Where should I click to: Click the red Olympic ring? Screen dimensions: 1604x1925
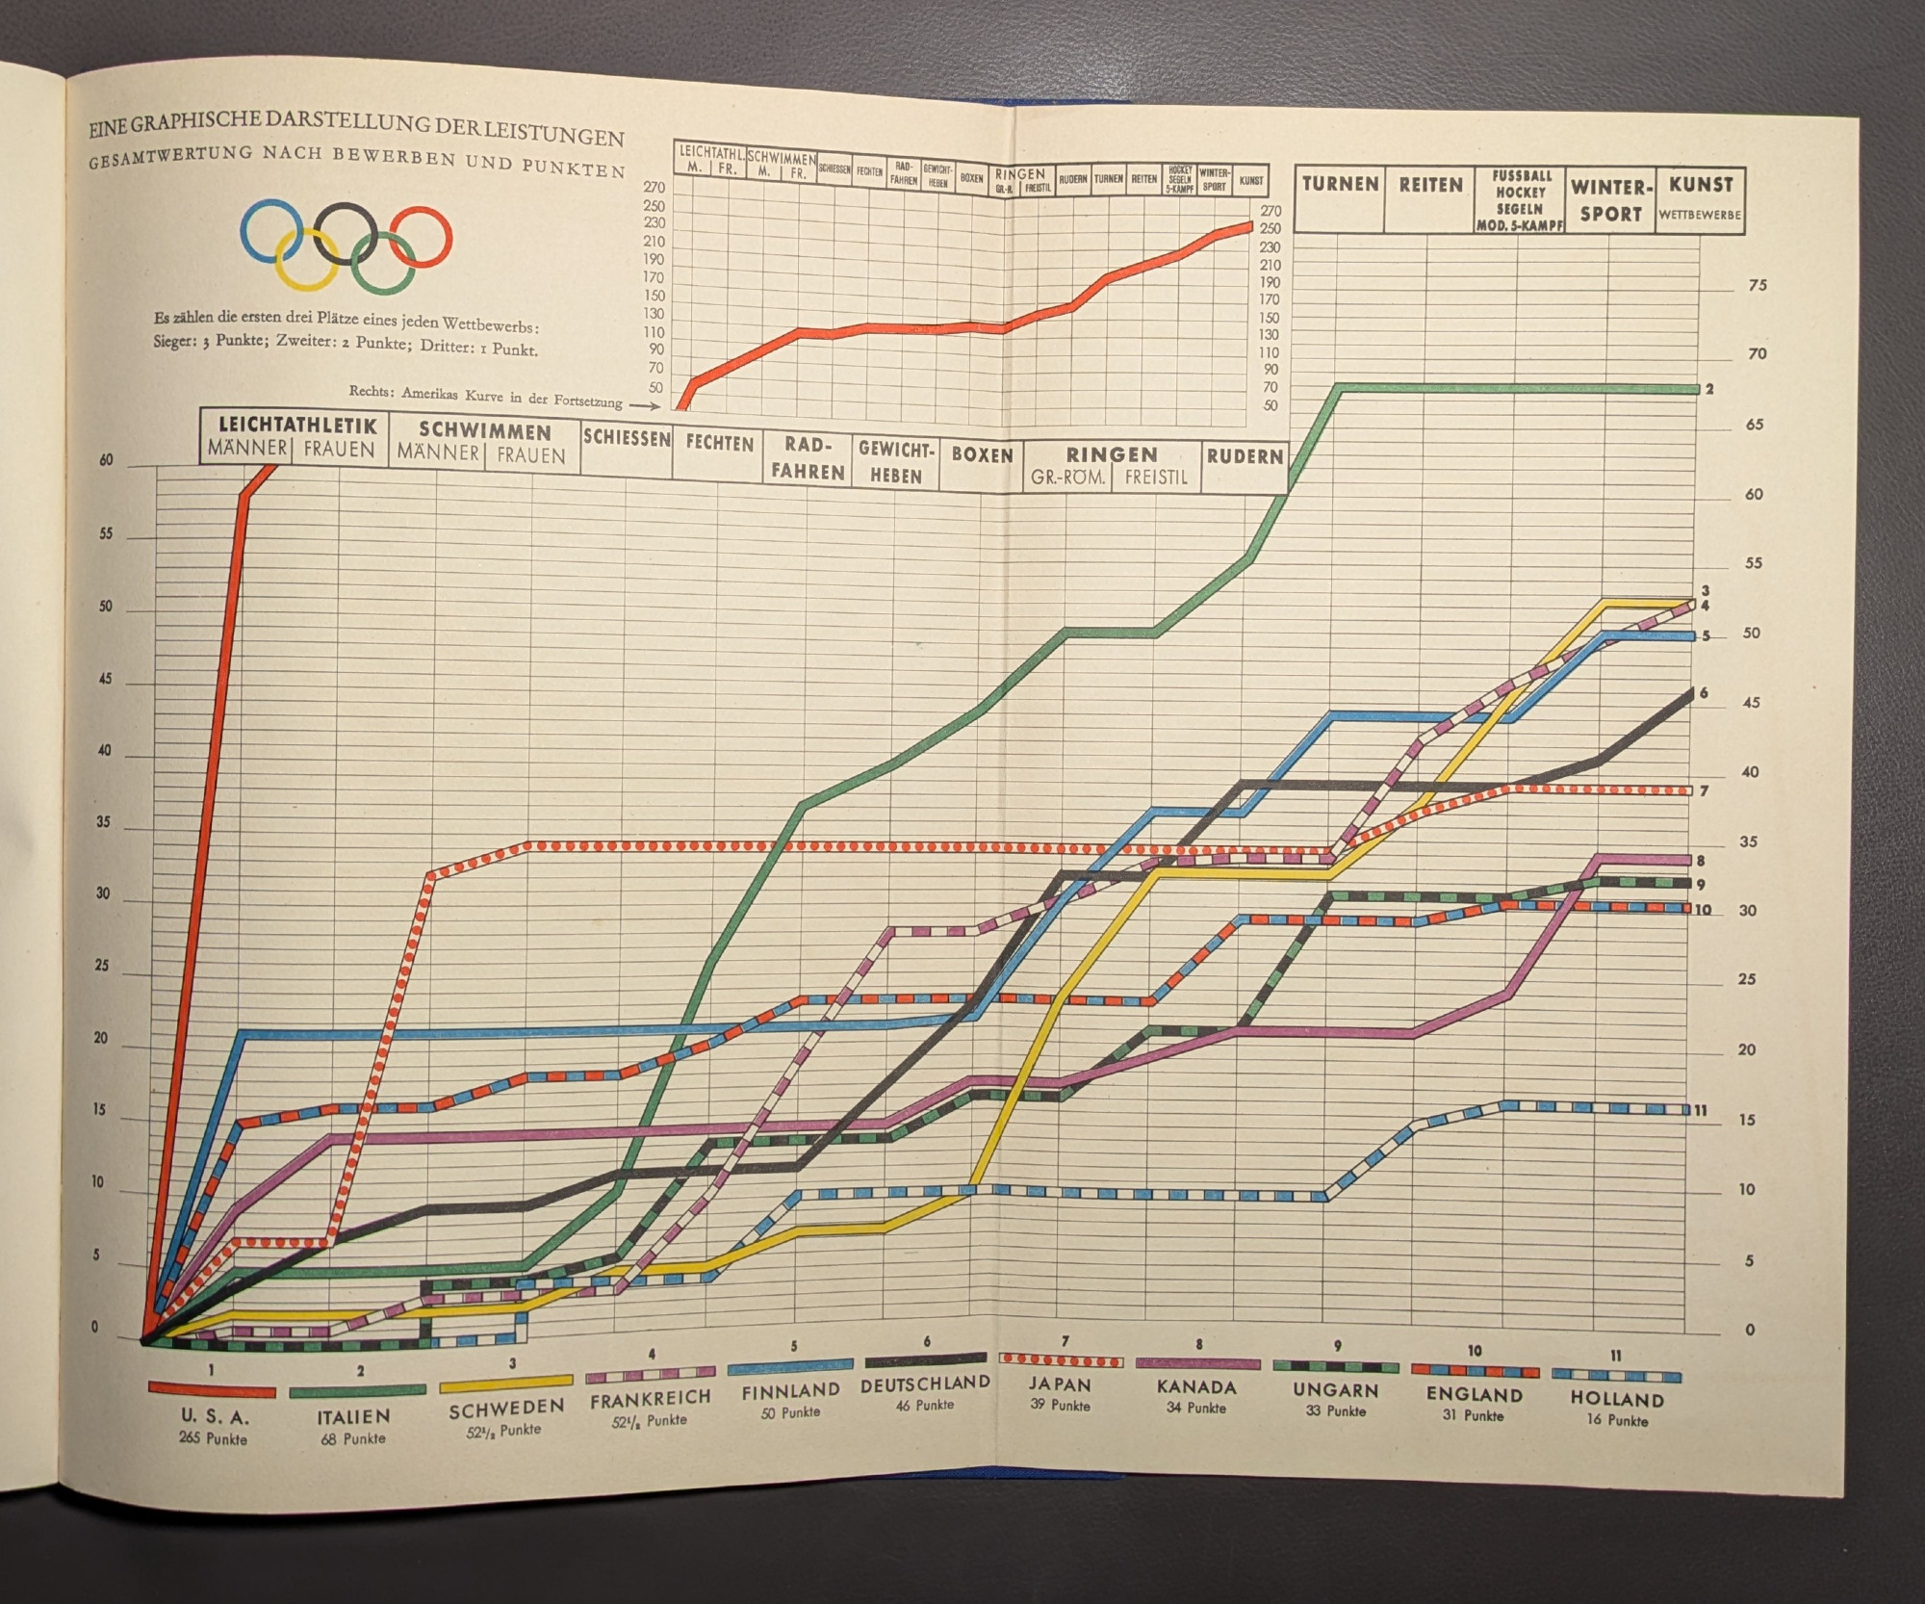point(421,236)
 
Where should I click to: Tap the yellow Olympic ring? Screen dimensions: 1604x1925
point(306,258)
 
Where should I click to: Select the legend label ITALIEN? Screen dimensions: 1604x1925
point(354,1416)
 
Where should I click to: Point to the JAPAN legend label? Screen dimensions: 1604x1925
point(1058,1384)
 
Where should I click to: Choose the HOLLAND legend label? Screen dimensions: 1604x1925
point(1617,1399)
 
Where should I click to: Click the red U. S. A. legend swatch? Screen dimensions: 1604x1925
point(212,1390)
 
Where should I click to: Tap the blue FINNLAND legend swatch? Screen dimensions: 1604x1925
point(790,1366)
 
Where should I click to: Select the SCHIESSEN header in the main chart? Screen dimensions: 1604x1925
point(627,438)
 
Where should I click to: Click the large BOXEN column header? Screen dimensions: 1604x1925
point(982,454)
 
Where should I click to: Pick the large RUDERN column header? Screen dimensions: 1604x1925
point(1245,456)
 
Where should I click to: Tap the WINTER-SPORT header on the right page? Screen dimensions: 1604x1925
point(1611,199)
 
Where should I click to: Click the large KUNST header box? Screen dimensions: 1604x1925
point(1701,184)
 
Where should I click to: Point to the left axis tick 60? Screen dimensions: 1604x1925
point(106,460)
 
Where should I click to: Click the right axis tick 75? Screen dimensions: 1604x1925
point(1758,286)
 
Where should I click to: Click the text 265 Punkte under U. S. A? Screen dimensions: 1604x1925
point(213,1438)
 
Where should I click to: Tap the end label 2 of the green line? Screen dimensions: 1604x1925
point(1709,389)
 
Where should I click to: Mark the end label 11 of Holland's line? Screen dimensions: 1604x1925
point(1701,1110)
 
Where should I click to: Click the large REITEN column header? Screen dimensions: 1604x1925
point(1430,185)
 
